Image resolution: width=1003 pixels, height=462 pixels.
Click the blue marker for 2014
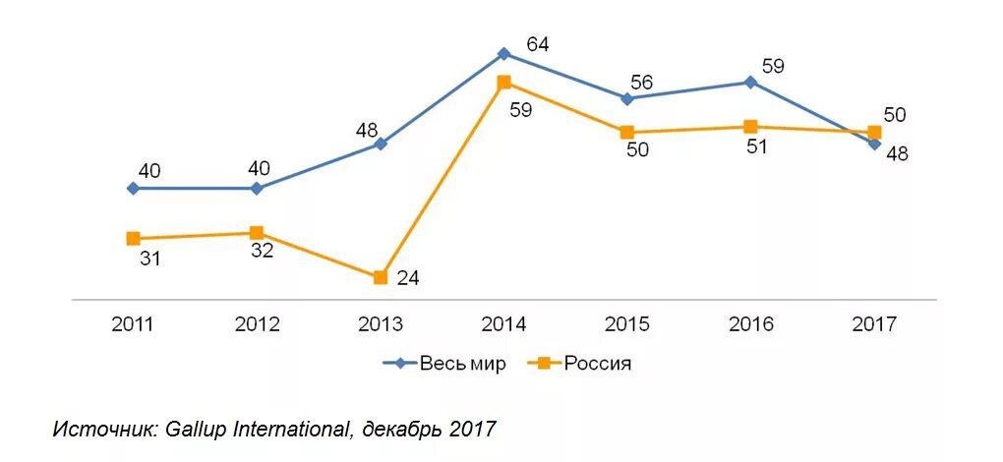point(503,54)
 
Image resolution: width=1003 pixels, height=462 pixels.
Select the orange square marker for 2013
point(381,277)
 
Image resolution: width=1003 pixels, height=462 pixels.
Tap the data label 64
point(538,44)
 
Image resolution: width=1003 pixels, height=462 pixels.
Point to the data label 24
point(408,278)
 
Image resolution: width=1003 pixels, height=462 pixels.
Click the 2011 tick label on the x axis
point(133,324)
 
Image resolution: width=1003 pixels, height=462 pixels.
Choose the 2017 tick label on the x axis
point(874,324)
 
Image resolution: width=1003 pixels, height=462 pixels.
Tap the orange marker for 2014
point(503,83)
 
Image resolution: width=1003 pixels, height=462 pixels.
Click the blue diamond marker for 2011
point(133,188)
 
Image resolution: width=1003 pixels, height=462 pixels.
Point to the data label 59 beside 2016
point(773,67)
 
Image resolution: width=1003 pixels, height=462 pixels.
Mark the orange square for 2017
point(874,133)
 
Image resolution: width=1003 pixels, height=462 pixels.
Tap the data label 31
point(149,260)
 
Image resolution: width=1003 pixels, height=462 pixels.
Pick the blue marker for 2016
point(750,83)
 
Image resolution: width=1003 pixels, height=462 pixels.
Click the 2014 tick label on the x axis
point(503,324)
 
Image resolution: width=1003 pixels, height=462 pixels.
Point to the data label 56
point(641,83)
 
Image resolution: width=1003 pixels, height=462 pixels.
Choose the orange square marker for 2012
point(257,233)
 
